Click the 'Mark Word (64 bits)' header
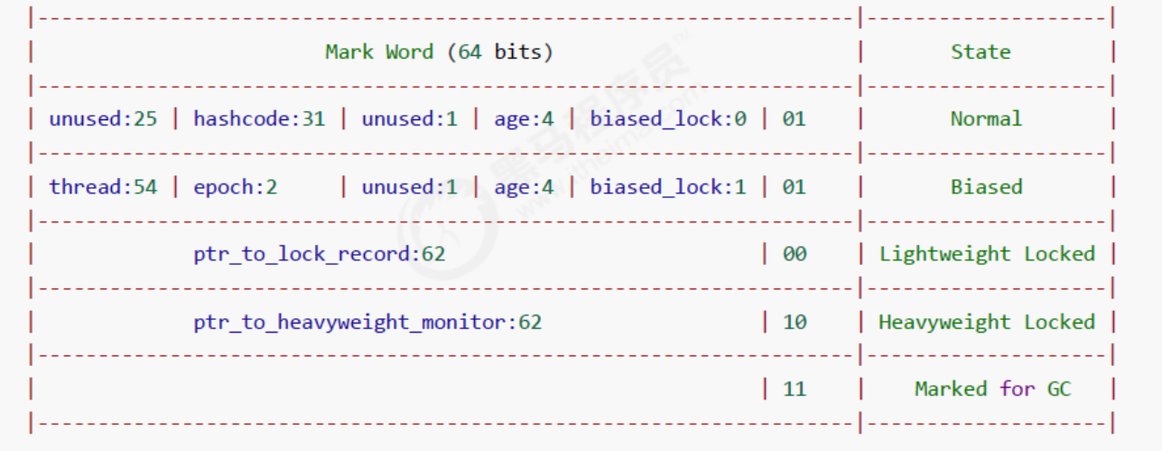coord(439,52)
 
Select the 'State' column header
coord(981,52)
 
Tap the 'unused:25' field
coord(103,118)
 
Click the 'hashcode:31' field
coord(259,118)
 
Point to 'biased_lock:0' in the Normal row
coord(668,118)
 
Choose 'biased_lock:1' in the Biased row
coord(668,187)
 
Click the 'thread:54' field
coord(103,187)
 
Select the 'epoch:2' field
coord(235,187)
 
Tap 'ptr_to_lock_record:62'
coord(319,254)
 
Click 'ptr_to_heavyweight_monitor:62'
coord(367,323)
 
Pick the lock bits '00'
coord(795,254)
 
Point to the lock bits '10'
coord(795,323)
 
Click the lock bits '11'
coord(795,390)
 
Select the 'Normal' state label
coord(986,118)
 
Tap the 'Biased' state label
coord(986,187)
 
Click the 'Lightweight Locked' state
coord(987,254)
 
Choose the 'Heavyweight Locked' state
coord(987,323)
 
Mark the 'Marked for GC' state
coord(992,390)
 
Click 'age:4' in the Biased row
coord(524,187)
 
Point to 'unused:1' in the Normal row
coord(409,118)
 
